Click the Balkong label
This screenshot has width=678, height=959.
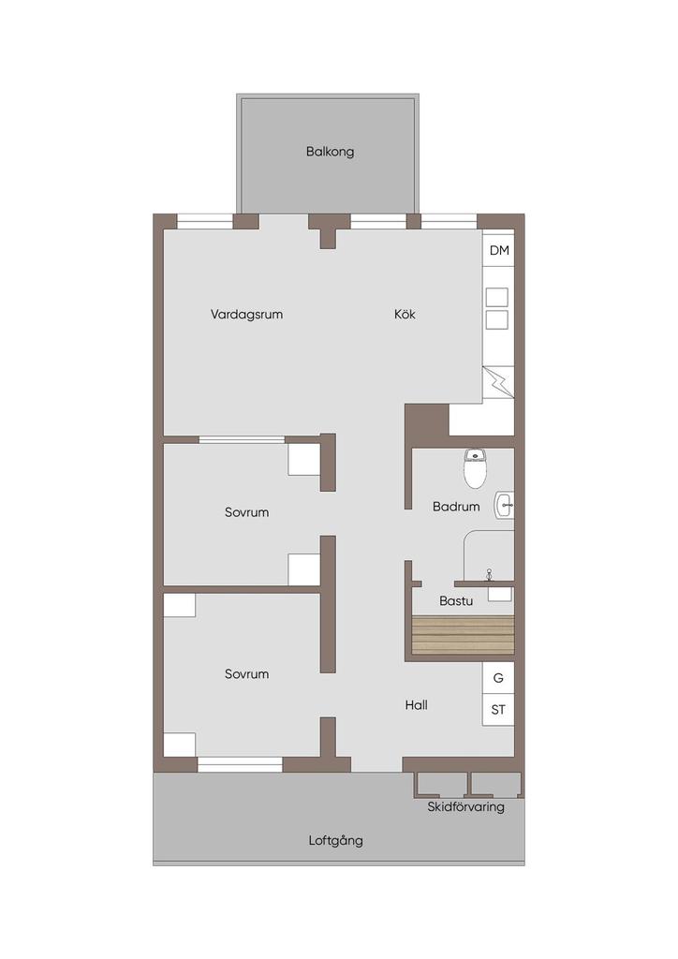(331, 152)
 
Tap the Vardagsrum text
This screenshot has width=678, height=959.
(246, 315)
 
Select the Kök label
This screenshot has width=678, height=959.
(405, 314)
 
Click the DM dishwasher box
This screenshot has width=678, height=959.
(499, 249)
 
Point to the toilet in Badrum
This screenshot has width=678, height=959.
(475, 468)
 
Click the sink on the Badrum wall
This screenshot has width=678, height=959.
(505, 506)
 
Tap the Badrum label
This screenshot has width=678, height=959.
(456, 507)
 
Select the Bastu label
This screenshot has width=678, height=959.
(456, 601)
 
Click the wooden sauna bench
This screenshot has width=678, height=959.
(463, 635)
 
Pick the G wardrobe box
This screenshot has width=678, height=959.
(498, 678)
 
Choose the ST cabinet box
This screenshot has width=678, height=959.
(498, 710)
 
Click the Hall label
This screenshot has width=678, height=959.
(417, 705)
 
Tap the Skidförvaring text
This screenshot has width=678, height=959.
(465, 806)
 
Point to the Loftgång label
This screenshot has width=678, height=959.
(335, 840)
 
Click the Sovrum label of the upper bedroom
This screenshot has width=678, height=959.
(247, 512)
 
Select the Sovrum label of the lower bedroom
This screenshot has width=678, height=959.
(247, 674)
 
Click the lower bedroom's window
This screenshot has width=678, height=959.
(240, 762)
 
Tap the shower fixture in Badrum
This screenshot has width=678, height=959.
(489, 574)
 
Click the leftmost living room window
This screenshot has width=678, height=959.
(205, 221)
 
